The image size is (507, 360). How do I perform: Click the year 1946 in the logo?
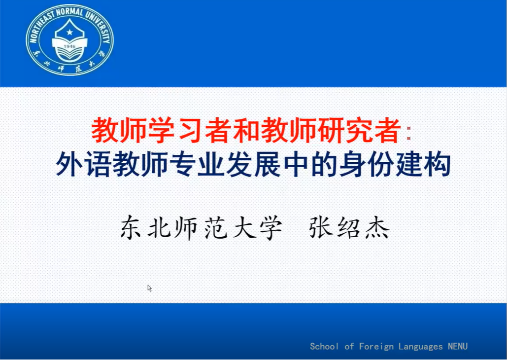tap(69, 46)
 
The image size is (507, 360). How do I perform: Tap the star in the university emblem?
tap(69, 32)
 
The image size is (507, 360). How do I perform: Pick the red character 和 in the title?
tap(246, 131)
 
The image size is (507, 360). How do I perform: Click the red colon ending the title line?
tap(409, 133)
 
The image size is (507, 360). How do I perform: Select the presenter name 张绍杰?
tap(349, 227)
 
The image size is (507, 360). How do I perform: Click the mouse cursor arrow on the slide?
tap(149, 288)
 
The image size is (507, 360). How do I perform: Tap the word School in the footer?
tap(324, 346)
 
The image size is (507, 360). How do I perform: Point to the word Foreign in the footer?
tap(376, 347)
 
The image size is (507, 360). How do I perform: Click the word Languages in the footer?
tap(420, 347)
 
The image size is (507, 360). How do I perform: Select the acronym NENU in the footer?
tap(458, 346)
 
